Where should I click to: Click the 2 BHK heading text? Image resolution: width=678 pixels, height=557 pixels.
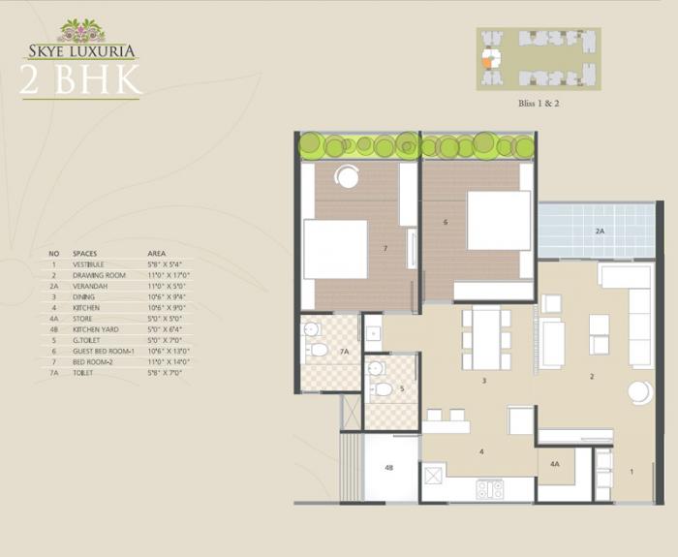coord(80,79)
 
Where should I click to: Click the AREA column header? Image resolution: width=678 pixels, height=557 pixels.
coord(157,252)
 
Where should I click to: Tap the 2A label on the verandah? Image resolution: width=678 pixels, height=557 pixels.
coord(600,232)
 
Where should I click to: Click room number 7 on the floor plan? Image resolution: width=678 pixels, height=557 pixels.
coord(385,249)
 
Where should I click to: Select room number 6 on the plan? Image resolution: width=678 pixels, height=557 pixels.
coord(446,222)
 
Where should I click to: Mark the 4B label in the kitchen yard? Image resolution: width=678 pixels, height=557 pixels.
coord(388,468)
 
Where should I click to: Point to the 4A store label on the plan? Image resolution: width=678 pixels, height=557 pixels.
coord(555,463)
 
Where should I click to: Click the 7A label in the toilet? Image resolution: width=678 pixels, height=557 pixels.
coord(344,353)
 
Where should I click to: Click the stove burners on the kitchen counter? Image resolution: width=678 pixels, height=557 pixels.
coord(490,489)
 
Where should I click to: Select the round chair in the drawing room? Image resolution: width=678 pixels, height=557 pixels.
coord(640,392)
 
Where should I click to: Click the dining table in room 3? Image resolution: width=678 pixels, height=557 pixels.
coord(487,338)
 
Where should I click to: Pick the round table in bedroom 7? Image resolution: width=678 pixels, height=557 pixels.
coord(347,175)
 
